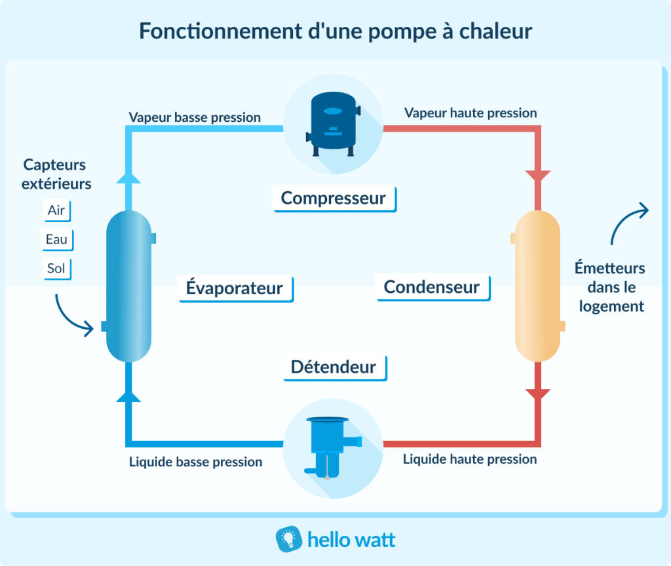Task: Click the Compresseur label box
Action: point(334,198)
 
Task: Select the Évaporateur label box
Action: point(235,288)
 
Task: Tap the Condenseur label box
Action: point(432,287)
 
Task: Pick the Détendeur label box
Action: point(334,367)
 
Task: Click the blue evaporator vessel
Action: point(129,286)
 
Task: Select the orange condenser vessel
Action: point(537,286)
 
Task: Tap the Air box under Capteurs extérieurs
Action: point(56,210)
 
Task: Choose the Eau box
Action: point(56,239)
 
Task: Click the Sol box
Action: point(56,268)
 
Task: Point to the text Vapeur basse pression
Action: point(195,118)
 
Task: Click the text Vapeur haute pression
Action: point(470,113)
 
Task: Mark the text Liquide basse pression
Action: point(196,462)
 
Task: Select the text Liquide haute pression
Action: point(470,459)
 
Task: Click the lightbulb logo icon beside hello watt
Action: point(288,539)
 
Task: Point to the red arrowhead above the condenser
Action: point(538,177)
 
